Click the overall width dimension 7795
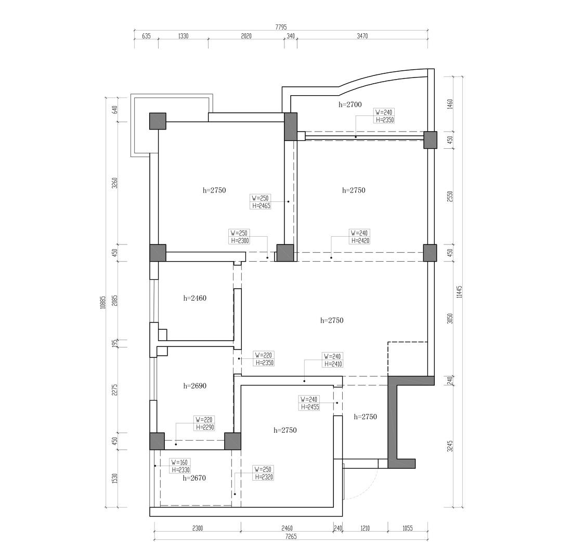[x=281, y=27]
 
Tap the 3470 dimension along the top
[x=362, y=36]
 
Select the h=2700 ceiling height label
[x=350, y=105]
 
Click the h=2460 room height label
[x=195, y=298]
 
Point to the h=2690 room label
[x=195, y=386]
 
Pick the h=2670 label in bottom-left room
[x=195, y=478]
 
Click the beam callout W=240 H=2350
[x=384, y=116]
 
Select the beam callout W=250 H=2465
[x=261, y=202]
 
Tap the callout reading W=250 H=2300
[x=239, y=237]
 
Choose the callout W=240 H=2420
[x=360, y=237]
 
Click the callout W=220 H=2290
[x=204, y=423]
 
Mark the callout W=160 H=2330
[x=180, y=466]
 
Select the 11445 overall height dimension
[x=459, y=291]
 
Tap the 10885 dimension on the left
[x=102, y=302]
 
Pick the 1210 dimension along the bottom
[x=365, y=528]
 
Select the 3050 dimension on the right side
[x=450, y=318]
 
